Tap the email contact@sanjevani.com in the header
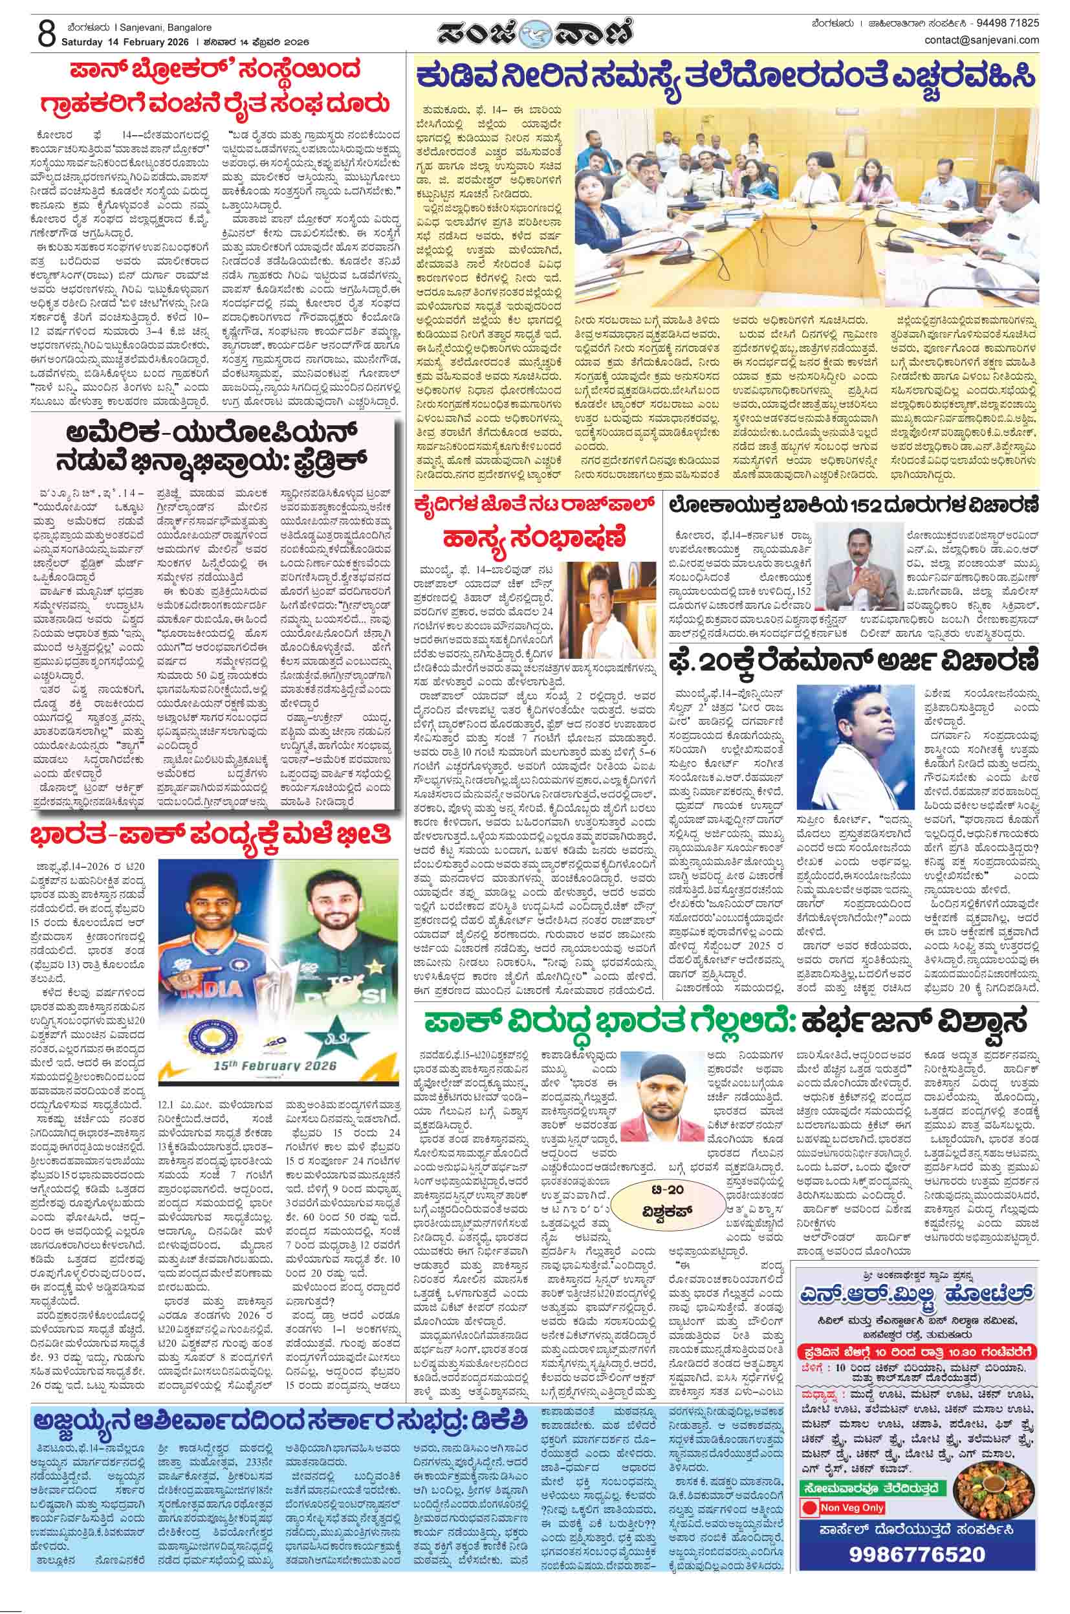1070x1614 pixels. click(982, 39)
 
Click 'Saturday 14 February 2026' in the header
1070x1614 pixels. click(126, 41)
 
